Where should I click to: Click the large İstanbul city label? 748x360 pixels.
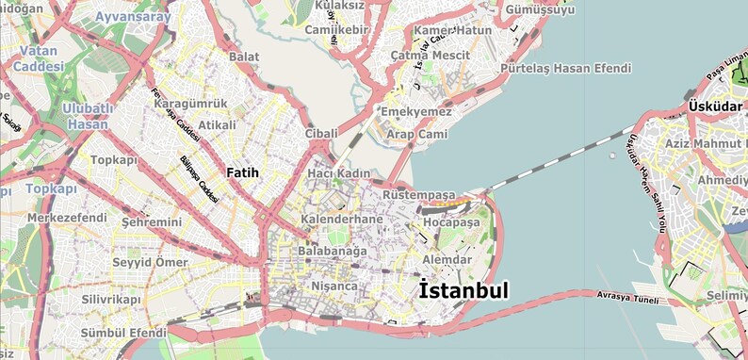[x=463, y=290]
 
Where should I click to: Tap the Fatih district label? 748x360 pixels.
[x=242, y=172]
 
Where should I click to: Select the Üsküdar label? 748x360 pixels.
[x=715, y=106]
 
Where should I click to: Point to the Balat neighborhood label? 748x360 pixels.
[x=244, y=57]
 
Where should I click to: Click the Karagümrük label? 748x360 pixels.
[x=190, y=103]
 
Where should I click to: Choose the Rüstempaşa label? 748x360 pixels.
[x=418, y=194]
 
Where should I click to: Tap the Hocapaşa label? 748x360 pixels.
[x=451, y=223]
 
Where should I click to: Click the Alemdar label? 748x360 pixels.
[x=447, y=259]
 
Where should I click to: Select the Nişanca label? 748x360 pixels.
[x=334, y=286]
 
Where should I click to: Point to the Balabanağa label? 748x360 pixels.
[x=332, y=252]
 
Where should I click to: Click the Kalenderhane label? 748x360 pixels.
[x=341, y=220]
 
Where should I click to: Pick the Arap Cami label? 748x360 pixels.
[x=419, y=135]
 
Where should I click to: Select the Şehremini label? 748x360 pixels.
[x=151, y=222]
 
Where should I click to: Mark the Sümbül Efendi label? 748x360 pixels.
[x=123, y=334]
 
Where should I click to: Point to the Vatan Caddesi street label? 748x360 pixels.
[x=39, y=57]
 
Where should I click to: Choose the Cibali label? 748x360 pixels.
[x=321, y=134]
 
